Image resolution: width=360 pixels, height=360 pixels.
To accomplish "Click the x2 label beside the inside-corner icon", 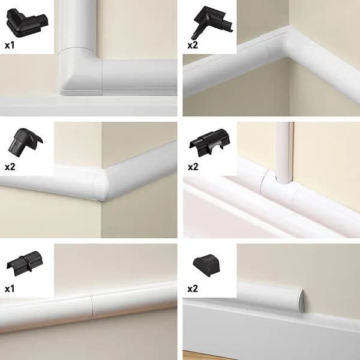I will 192,44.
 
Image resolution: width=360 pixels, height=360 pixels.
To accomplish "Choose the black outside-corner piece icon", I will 25,142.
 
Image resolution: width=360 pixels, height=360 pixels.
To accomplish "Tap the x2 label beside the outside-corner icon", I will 10,166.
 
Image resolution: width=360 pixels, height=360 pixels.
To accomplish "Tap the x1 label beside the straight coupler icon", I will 10,288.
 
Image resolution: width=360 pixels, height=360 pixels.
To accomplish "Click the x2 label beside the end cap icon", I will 192,288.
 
